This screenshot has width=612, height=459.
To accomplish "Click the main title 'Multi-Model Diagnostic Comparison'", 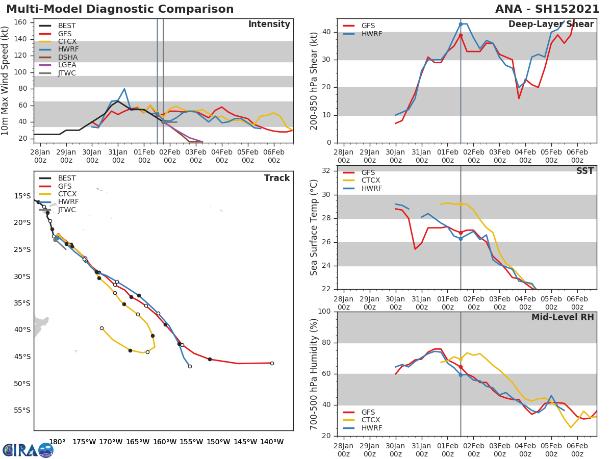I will pyautogui.click(x=120, y=9).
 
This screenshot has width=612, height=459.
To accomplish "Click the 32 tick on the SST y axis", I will pyautogui.click(x=326, y=171).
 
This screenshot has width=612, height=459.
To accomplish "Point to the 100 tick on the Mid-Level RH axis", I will pyautogui.click(x=324, y=312).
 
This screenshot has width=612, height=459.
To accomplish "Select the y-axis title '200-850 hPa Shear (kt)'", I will pyautogui.click(x=314, y=81).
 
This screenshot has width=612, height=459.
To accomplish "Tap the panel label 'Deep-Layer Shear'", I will pyautogui.click(x=551, y=24).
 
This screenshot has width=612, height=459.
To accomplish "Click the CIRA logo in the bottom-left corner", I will pyautogui.click(x=28, y=450).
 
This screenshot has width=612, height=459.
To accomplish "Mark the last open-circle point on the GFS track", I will pyautogui.click(x=272, y=363).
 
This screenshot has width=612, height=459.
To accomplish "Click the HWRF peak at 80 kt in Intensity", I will pyautogui.click(x=124, y=89).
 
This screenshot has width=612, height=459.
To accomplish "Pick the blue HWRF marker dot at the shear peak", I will pyautogui.click(x=461, y=24).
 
